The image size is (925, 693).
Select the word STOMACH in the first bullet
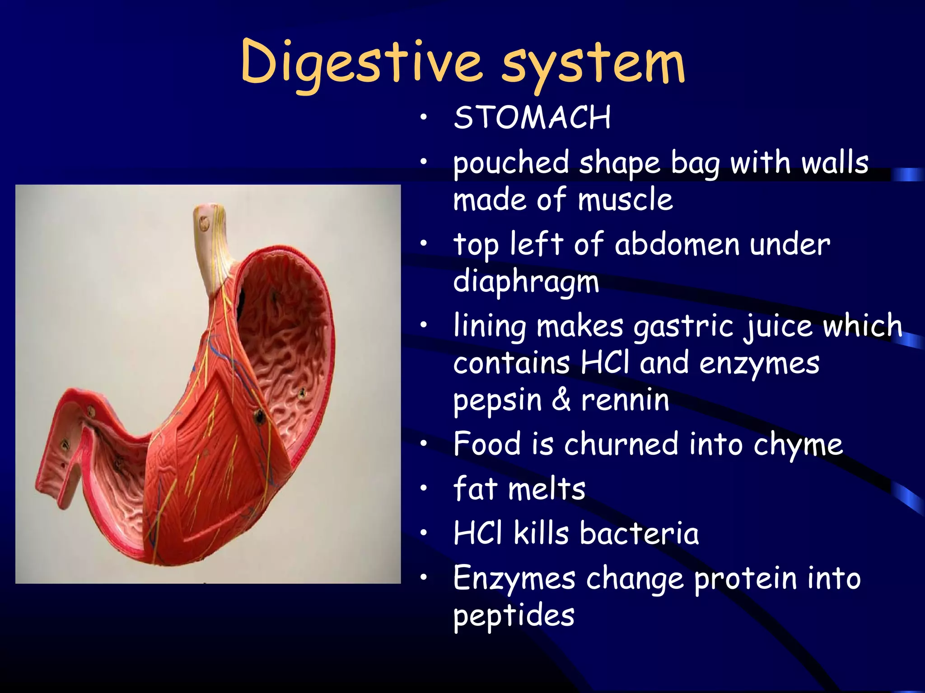pyautogui.click(x=532, y=118)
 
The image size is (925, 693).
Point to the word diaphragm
pyautogui.click(x=526, y=282)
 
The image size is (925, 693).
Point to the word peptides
pyautogui.click(x=514, y=616)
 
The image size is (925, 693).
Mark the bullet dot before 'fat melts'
pyautogui.click(x=423, y=489)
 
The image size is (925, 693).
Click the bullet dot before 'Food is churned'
pyautogui.click(x=423, y=444)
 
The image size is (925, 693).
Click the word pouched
pyautogui.click(x=511, y=164)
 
